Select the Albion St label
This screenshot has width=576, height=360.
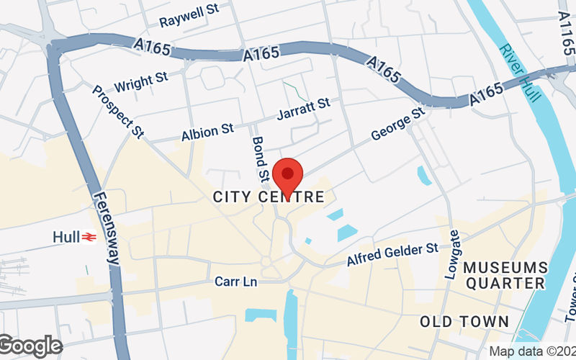tap(207, 131)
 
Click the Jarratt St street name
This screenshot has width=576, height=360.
tap(303, 109)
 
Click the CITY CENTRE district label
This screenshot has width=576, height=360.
tap(269, 197)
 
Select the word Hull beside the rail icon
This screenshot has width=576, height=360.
tap(66, 236)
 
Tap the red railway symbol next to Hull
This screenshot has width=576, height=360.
tap(89, 236)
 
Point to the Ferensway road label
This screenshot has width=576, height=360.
tap(105, 228)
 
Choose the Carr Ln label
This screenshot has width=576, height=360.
tap(235, 282)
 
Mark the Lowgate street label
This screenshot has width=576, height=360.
tap(452, 254)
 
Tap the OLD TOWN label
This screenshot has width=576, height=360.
tap(464, 321)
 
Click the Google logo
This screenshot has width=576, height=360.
tap(30, 346)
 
